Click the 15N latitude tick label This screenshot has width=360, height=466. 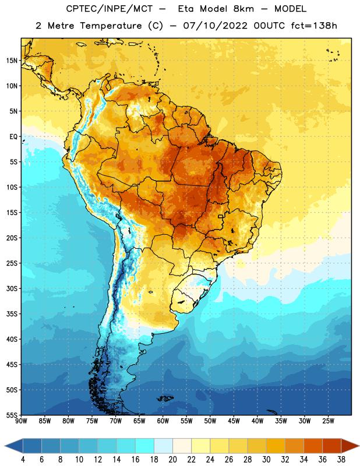tap(12, 61)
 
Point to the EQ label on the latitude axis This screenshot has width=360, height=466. tap(13, 137)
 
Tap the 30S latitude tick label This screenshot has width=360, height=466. tap(12, 288)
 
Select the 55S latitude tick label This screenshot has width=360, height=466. tap(12, 415)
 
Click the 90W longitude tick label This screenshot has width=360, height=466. tap(21, 421)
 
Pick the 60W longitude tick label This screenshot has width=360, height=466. tap(163, 421)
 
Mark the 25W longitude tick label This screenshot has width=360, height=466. tap(328, 421)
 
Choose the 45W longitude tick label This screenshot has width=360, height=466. tap(234, 421)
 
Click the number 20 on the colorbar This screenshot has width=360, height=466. tap(172, 460)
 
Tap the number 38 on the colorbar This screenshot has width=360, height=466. tap(341, 460)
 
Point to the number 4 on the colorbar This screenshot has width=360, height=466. tap(23, 460)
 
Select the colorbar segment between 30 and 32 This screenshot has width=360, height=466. tap(276, 446)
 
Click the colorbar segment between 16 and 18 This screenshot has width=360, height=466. tap(144, 446)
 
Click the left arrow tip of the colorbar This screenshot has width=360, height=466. tap(5, 446)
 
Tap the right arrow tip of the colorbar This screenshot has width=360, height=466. tap(359, 446)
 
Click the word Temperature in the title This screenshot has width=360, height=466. tap(111, 26)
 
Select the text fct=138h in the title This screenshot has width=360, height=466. tap(314, 26)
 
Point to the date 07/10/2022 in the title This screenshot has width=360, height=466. tap(215, 26)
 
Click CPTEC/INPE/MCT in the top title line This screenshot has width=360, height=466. tap(110, 9)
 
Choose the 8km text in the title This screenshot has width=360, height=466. tap(243, 9)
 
